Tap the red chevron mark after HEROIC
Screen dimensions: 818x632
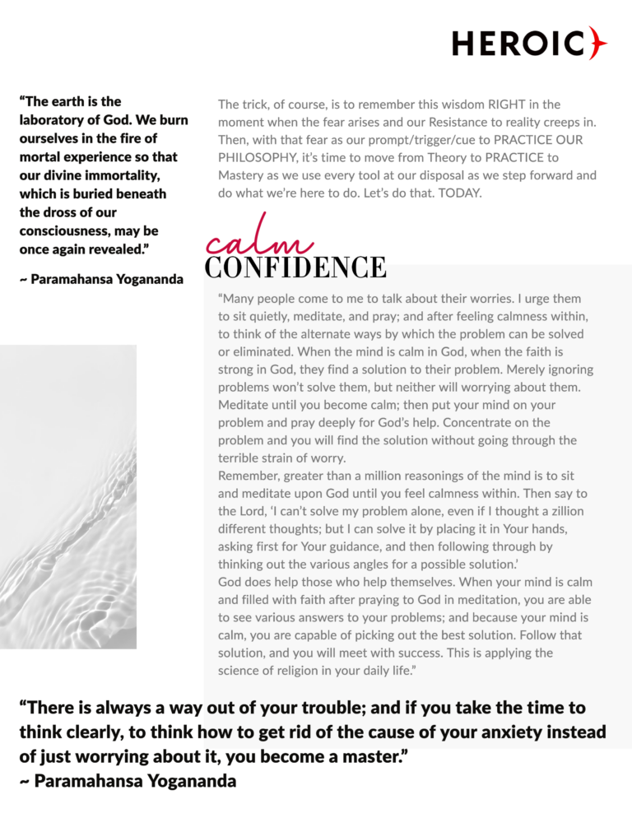pos(598,43)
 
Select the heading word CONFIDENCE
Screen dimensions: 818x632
pos(295,267)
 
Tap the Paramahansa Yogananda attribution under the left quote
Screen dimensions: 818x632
pos(100,280)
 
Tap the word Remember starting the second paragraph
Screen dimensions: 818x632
pos(250,476)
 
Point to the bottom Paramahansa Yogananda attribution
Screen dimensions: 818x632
pos(128,781)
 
